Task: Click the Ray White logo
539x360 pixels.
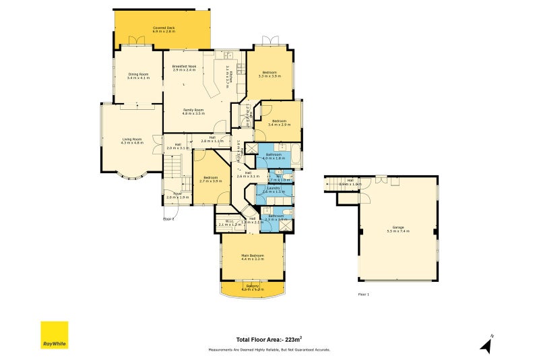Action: pos(55,335)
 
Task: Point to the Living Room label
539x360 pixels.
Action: pos(132,140)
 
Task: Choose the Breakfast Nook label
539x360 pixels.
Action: pos(184,67)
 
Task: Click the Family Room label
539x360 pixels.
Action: pos(193,111)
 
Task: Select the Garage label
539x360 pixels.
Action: pos(398,229)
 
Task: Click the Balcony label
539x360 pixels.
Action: pos(253,288)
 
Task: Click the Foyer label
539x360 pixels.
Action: pos(177,196)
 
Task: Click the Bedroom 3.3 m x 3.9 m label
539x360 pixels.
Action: pos(269,74)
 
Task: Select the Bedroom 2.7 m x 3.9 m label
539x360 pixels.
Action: pos(210,179)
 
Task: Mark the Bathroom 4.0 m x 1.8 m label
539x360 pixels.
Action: pos(274,156)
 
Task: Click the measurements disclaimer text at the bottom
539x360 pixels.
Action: pos(269,350)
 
